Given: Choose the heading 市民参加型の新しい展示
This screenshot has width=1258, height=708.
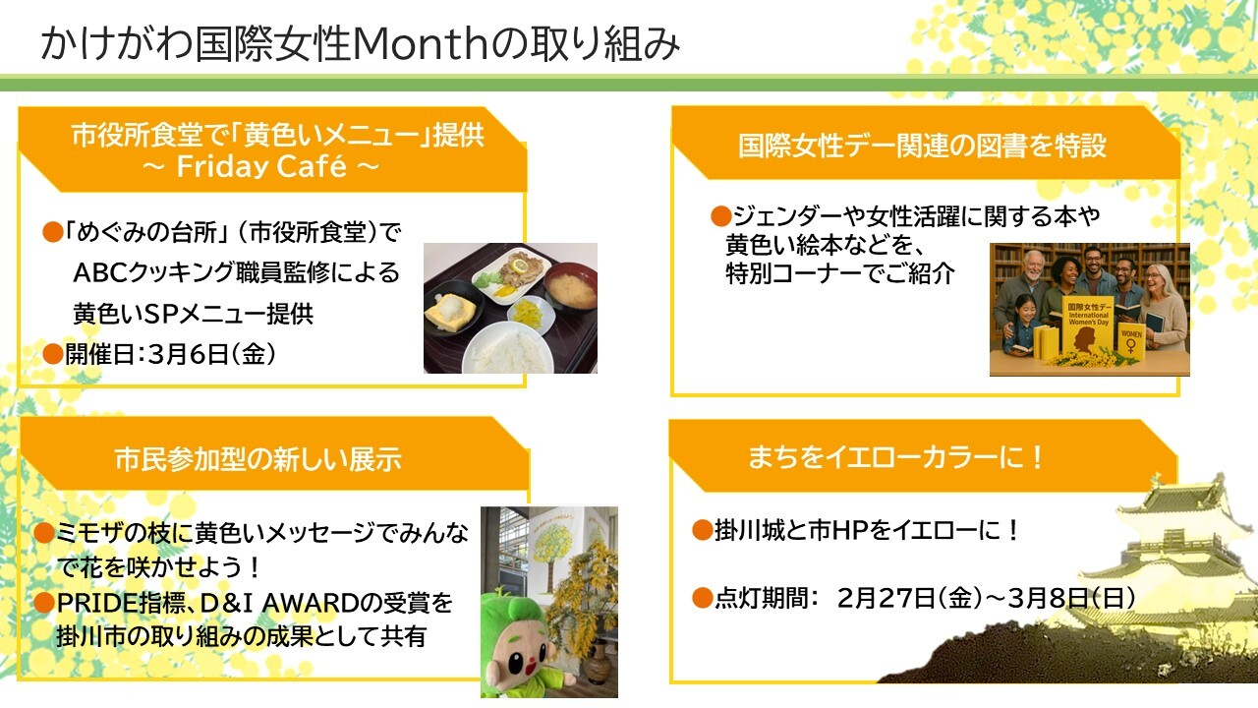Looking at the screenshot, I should (x=257, y=459).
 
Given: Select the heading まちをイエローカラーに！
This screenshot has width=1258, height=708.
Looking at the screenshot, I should (x=895, y=457).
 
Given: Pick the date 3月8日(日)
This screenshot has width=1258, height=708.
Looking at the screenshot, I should (x=1077, y=597).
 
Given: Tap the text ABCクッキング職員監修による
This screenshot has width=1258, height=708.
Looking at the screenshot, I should (x=236, y=273).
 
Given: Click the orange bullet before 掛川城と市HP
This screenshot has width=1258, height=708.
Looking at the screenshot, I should (x=701, y=531).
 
